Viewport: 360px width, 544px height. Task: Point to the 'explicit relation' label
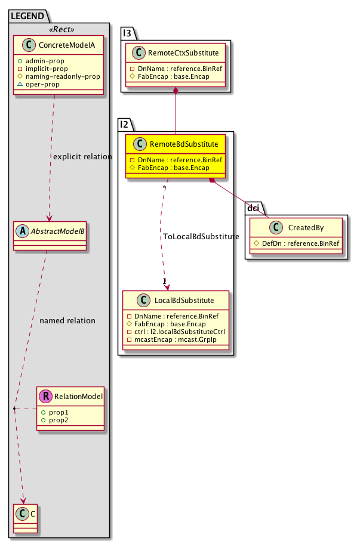[x=82, y=157]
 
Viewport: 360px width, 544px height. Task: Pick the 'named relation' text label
[x=67, y=320]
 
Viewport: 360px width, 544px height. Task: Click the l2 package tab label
[x=125, y=125]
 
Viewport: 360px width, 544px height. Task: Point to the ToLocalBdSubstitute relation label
[x=201, y=237]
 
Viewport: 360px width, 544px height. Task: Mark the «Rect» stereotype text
[x=59, y=29]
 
